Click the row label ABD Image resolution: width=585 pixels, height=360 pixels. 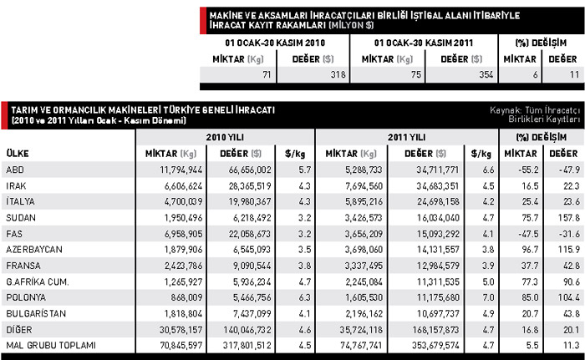(14, 170)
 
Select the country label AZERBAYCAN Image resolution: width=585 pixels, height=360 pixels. (29, 249)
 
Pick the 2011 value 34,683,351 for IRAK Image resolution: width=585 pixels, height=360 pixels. (435, 185)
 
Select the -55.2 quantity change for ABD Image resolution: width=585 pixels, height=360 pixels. (524, 170)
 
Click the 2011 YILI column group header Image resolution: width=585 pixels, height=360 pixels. (407, 136)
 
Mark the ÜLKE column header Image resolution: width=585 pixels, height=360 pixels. (18, 154)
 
